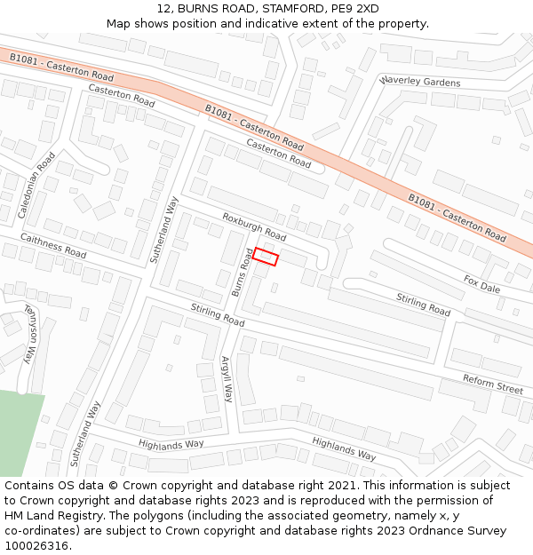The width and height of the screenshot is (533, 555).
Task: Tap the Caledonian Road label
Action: click(36, 186)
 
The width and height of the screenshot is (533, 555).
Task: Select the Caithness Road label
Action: click(52, 246)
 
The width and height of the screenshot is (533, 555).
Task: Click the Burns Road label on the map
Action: click(242, 272)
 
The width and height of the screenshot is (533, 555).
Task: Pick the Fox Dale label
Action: click(481, 283)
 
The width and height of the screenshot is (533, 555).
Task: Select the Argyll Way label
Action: click(227, 380)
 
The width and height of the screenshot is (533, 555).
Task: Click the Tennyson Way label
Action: click(31, 337)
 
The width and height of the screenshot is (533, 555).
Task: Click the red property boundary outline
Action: click(266, 256)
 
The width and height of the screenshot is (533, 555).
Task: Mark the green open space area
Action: click(18, 431)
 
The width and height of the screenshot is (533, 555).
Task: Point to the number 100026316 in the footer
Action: click(36, 546)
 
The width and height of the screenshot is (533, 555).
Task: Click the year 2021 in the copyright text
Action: click(338, 486)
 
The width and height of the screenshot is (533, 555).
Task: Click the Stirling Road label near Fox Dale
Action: click(423, 305)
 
